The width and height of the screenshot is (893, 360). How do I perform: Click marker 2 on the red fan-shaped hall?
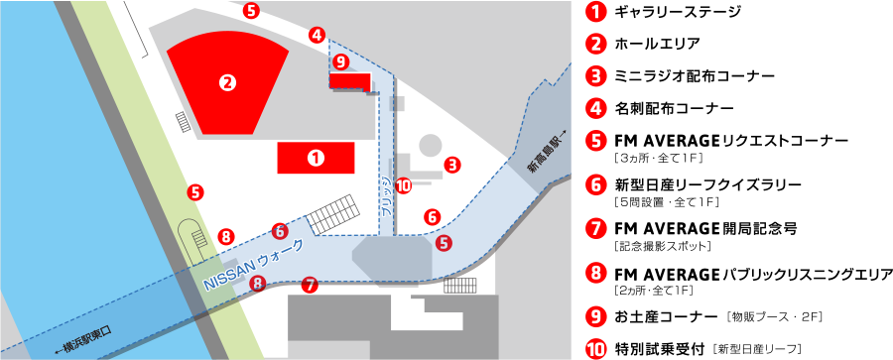pyautogui.click(x=227, y=83)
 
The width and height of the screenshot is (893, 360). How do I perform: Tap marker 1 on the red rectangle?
pyautogui.click(x=316, y=158)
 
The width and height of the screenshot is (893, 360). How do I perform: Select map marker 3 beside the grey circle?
pyautogui.click(x=452, y=166)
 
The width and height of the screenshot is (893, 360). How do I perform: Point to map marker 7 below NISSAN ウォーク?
pyautogui.click(x=310, y=285)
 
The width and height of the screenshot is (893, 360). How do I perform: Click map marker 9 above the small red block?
pyautogui.click(x=340, y=60)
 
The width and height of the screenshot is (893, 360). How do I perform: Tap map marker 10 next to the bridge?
pyautogui.click(x=403, y=185)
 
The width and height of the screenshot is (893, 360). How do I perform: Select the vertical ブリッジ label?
pyautogui.click(x=387, y=195)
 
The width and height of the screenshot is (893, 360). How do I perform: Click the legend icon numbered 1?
pyautogui.click(x=596, y=12)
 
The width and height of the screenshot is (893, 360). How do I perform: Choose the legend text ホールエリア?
pyautogui.click(x=657, y=44)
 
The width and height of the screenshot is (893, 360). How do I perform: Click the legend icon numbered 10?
pyautogui.click(x=596, y=347)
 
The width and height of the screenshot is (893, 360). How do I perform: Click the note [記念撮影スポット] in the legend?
pyautogui.click(x=662, y=247)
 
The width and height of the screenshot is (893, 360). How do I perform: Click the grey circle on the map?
pyautogui.click(x=431, y=144)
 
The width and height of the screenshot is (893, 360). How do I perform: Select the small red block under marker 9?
pyautogui.click(x=350, y=81)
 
